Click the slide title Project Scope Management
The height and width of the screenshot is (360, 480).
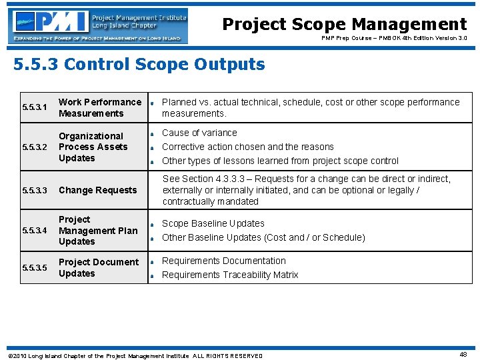point(344,25)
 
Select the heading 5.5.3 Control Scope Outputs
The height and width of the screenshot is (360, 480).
point(139,65)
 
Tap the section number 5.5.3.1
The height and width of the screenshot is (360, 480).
point(35,107)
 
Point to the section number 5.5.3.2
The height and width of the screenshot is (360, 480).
point(35,147)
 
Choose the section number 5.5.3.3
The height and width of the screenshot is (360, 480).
point(35,191)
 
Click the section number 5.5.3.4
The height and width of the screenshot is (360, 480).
point(35,231)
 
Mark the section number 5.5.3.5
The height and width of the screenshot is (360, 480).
point(35,268)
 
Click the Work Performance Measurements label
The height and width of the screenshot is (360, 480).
point(100,107)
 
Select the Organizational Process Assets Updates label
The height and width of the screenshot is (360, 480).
point(93,147)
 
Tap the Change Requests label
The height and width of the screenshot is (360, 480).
point(97,191)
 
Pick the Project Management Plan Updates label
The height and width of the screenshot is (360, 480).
point(98,231)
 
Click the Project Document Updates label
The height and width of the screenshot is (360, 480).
point(99,268)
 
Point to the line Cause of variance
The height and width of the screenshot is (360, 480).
point(199,133)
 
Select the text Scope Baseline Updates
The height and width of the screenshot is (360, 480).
point(213,223)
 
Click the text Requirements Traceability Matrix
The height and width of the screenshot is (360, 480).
point(230,275)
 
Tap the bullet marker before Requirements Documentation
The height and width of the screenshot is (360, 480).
point(153,262)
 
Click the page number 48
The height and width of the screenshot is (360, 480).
point(463,355)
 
